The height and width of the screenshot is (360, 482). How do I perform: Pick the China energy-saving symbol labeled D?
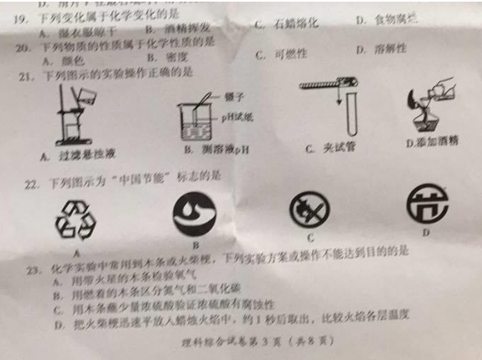coord(427,203)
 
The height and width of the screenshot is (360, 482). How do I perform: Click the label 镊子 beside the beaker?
coord(232,96)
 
